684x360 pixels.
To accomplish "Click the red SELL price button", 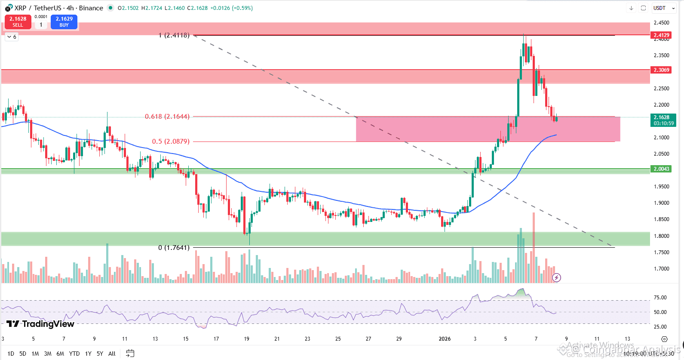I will (18, 22).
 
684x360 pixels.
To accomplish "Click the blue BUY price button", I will (64, 22).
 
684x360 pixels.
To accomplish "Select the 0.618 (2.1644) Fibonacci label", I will (167, 117).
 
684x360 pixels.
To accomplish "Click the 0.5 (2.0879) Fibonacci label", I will (170, 142).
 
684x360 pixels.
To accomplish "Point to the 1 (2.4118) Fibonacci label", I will (174, 35).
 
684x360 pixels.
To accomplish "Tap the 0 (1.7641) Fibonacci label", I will (174, 248).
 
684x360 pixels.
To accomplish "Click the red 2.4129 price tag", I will (661, 35).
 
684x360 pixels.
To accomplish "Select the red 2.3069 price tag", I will (661, 70).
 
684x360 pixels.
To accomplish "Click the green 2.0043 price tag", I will (661, 169).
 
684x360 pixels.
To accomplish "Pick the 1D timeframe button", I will (11, 354).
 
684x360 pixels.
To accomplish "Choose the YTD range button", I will (74, 354).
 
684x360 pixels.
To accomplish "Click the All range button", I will (112, 354).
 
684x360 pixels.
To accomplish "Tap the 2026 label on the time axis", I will (445, 339).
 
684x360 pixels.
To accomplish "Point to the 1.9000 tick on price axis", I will (661, 203).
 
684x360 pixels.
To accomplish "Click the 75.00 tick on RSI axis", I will (660, 298).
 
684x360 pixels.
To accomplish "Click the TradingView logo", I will (40, 324).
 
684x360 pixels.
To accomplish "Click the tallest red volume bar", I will (534, 247).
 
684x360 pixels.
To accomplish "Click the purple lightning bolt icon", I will (556, 277).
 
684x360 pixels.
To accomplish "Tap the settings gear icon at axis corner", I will (664, 339).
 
